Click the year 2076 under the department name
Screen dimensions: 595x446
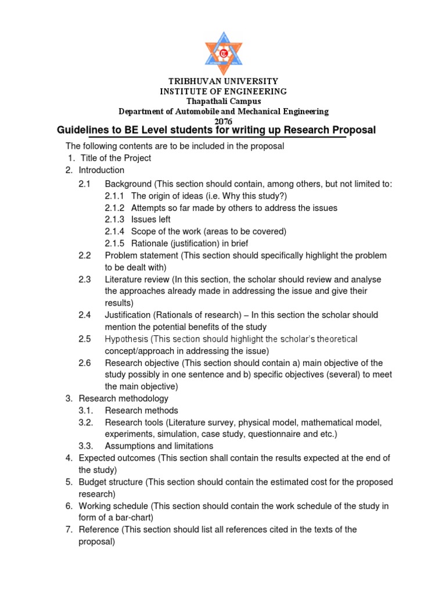pos(224,120)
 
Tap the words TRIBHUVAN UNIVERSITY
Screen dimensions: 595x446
pos(224,81)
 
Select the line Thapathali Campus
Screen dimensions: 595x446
pos(224,101)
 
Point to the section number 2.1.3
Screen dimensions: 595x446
pos(114,219)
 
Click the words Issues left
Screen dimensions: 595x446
pos(151,219)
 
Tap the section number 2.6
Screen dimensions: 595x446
pos(85,363)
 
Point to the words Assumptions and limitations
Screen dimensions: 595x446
pos(159,446)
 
